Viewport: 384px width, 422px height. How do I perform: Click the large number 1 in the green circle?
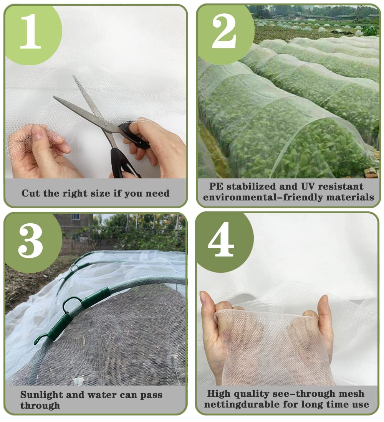tap(31, 31)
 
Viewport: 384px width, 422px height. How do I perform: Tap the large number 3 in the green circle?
tap(30, 241)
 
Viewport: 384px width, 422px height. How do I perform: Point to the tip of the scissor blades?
tap(55, 97)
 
